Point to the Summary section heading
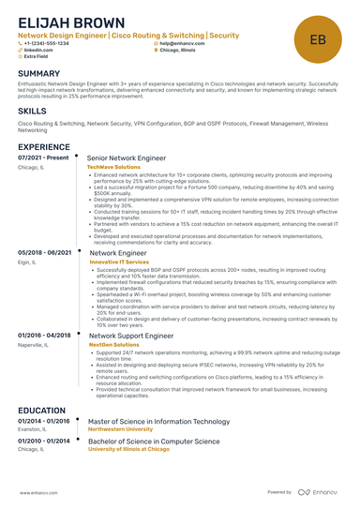click(x=38, y=73)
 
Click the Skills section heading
click(x=32, y=111)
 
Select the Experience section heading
click(x=43, y=147)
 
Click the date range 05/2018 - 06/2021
click(x=44, y=253)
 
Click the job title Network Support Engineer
click(x=130, y=335)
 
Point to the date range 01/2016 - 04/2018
click(x=44, y=335)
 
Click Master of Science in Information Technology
click(x=157, y=421)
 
